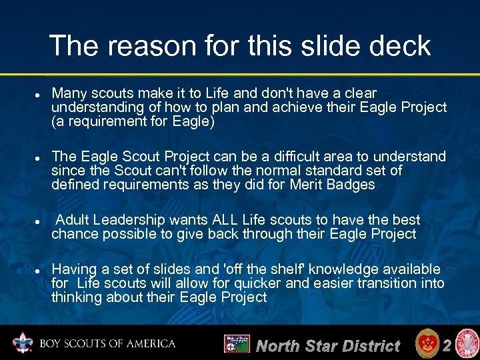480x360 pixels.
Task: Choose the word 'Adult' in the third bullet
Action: (x=75, y=220)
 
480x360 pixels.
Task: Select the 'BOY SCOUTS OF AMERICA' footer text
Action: (x=107, y=344)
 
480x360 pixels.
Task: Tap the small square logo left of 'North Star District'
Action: (x=237, y=344)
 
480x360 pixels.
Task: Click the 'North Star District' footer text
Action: (x=327, y=345)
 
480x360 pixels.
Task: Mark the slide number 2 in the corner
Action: (x=447, y=345)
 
